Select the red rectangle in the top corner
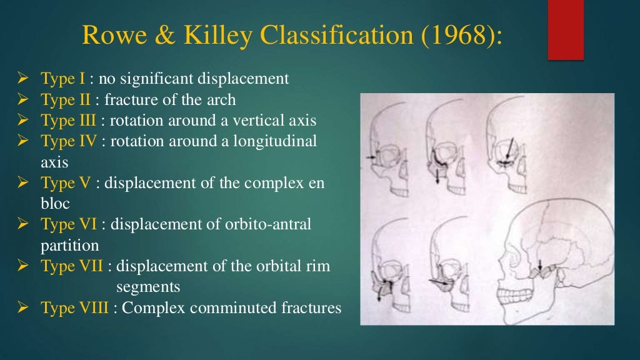[x=566, y=30]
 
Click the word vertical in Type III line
[x=231, y=121]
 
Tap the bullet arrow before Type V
[x=25, y=183]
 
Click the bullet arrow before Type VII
[x=25, y=266]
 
